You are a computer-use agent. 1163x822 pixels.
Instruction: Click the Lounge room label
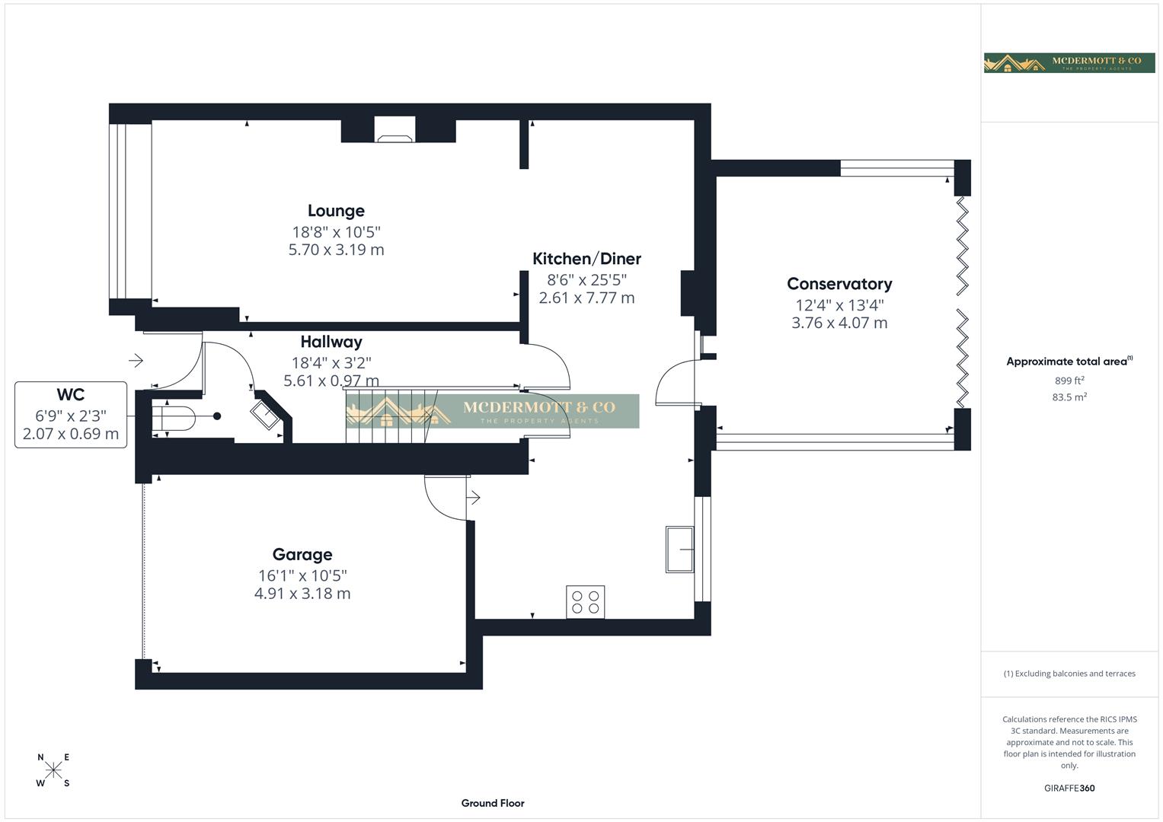pos(336,211)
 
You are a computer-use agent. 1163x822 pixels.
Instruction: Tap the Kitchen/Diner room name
pos(586,259)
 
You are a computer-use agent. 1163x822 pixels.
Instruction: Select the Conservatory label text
pos(839,284)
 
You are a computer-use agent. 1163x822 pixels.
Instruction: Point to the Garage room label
pos(302,555)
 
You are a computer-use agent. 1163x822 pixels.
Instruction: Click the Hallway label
pos(331,342)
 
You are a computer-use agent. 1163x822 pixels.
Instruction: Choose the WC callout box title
pos(70,394)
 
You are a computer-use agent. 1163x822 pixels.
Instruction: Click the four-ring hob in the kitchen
pos(585,601)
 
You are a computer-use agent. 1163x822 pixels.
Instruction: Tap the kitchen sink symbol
pos(679,549)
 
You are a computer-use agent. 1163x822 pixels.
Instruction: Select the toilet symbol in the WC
pos(175,416)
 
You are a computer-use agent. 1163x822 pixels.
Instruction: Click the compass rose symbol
pos(53,770)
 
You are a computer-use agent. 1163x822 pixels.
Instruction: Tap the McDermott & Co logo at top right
pos(1069,62)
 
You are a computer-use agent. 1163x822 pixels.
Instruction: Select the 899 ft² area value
pos(1069,381)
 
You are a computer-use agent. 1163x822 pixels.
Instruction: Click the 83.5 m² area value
pos(1069,397)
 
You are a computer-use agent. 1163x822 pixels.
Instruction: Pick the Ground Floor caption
pos(493,803)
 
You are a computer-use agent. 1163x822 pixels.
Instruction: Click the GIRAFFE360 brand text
pos(1069,788)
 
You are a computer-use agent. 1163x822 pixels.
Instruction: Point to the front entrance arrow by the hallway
pos(136,360)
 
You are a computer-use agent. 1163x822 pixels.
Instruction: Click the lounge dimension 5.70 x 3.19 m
pos(336,250)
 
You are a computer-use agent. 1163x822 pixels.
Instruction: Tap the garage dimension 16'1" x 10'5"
pos(302,576)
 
